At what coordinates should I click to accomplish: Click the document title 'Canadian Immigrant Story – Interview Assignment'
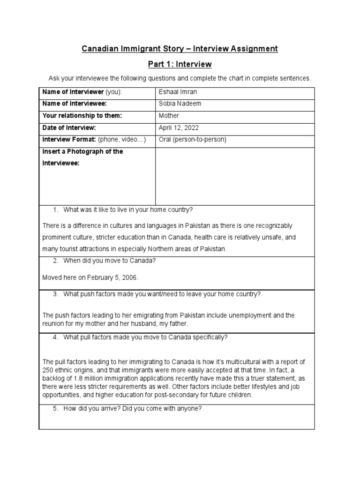click(180, 49)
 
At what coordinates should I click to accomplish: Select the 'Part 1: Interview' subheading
click(180, 64)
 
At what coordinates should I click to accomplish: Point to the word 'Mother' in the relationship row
click(169, 115)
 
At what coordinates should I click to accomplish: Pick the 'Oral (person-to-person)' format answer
click(193, 140)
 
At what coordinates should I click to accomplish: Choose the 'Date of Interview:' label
click(69, 127)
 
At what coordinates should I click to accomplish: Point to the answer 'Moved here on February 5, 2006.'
click(90, 277)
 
